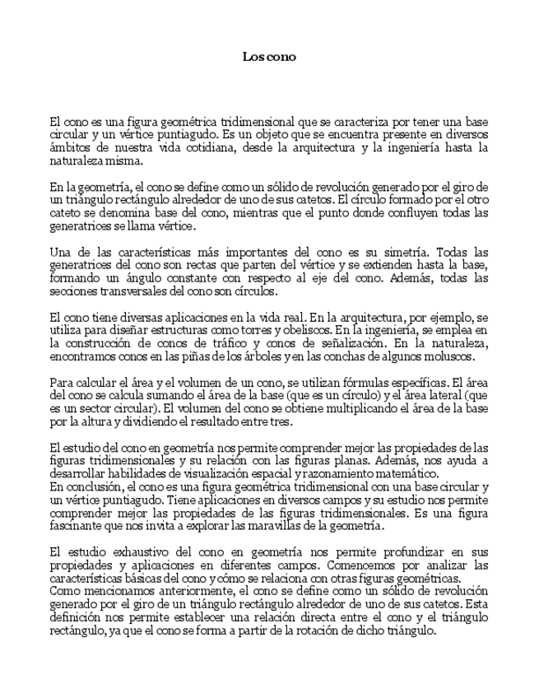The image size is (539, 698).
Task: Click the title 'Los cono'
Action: pyautogui.click(x=269, y=57)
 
